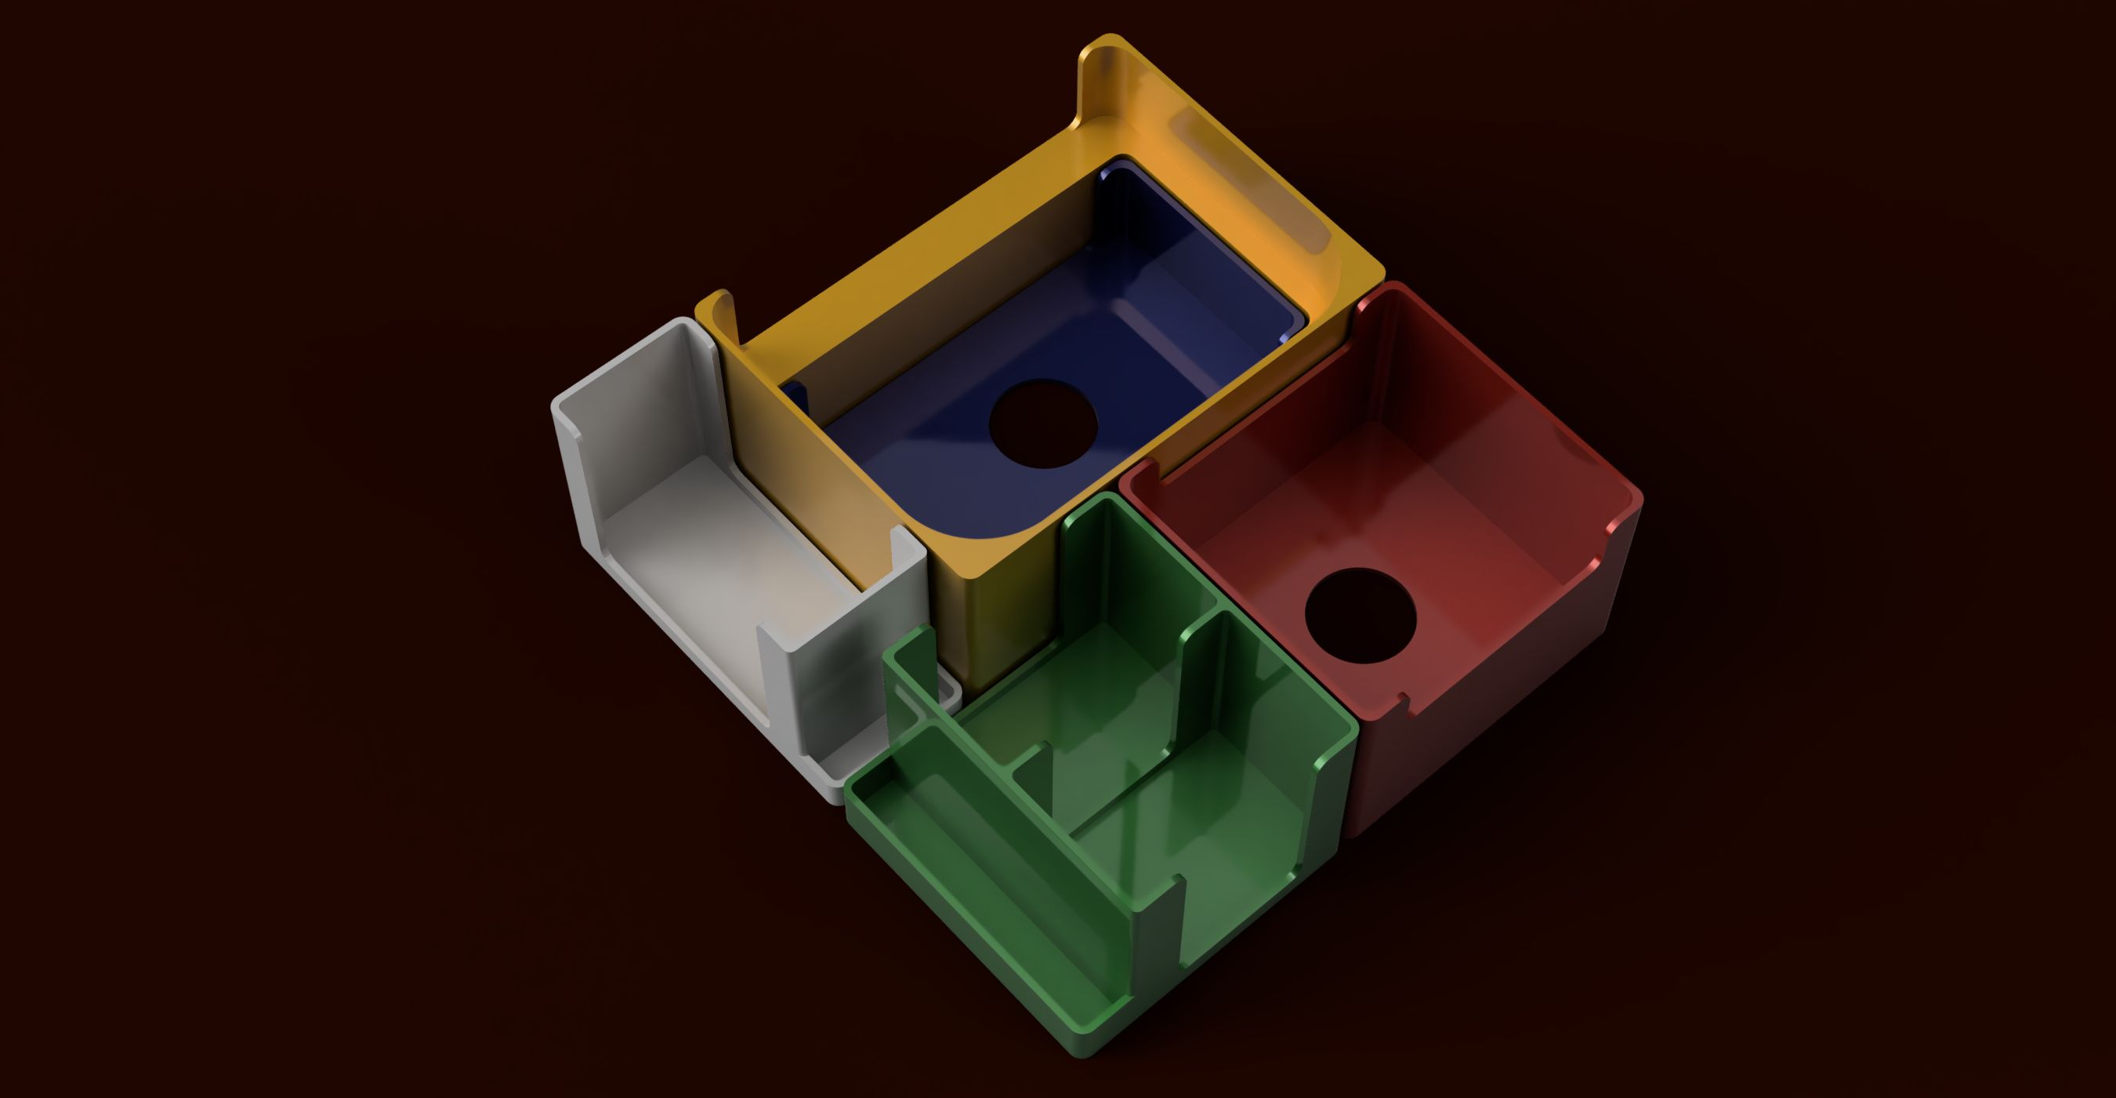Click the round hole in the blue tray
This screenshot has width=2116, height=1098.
click(1043, 424)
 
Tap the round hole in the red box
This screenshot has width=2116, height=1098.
click(1360, 615)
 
